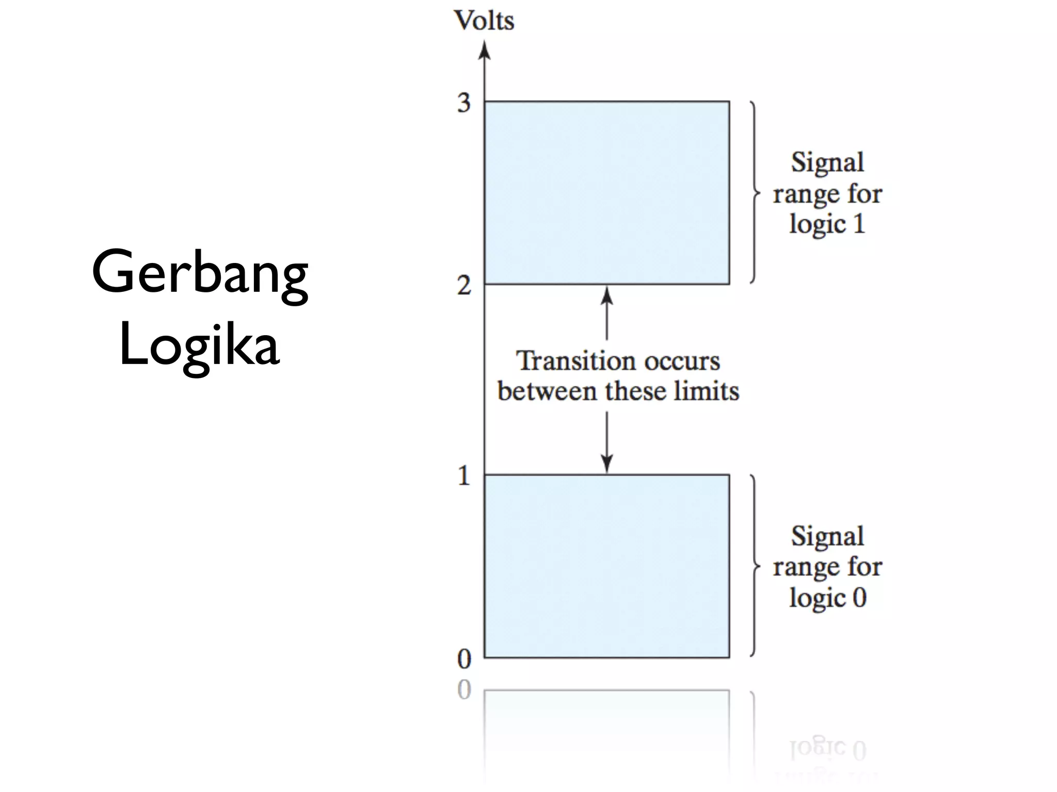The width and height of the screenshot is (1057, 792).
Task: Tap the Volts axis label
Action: (x=484, y=21)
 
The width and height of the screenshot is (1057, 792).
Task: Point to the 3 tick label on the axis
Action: (x=464, y=103)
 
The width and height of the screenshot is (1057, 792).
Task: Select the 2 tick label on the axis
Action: (x=464, y=286)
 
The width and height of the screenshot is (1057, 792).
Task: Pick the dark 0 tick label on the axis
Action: (x=464, y=659)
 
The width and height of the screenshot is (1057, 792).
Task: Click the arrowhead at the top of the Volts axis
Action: (x=484, y=50)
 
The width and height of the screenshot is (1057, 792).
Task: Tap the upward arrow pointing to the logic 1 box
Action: (x=607, y=312)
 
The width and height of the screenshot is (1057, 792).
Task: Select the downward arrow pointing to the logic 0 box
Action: (x=607, y=443)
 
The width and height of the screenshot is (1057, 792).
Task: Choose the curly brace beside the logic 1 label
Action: (x=755, y=193)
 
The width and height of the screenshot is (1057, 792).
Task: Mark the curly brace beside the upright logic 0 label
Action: (x=755, y=566)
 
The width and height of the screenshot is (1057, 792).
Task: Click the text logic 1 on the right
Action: (x=827, y=224)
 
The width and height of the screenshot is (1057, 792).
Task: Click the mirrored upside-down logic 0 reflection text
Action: (x=827, y=749)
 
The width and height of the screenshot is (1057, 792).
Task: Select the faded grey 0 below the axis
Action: (x=464, y=690)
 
